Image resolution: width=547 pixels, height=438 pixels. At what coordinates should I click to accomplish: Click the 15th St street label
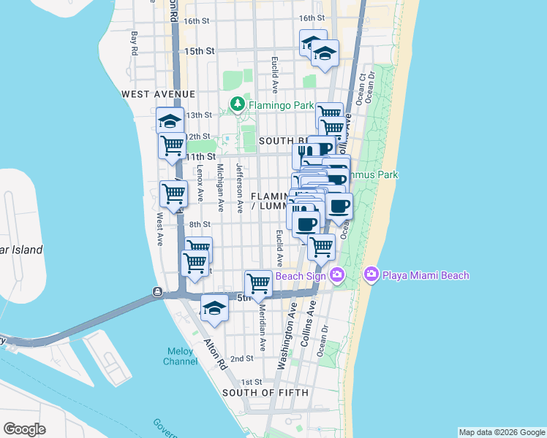coord(199,51)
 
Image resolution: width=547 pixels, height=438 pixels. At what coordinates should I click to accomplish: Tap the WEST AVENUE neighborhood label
coord(159,94)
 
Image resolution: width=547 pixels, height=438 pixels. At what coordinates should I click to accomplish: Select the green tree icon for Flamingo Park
coord(238,105)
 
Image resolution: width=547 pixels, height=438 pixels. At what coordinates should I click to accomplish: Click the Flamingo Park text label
coord(281,105)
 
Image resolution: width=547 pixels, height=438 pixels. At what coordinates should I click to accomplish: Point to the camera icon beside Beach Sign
coord(337,275)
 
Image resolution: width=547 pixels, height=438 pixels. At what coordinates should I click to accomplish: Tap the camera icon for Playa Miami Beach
coord(371,275)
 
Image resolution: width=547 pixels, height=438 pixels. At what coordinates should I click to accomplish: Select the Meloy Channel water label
coord(179,356)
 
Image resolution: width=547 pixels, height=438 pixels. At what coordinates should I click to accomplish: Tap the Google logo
coord(24,429)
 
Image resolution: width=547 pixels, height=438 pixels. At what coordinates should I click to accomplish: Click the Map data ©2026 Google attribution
coord(502,432)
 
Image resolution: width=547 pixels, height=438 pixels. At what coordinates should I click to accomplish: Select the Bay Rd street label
coord(135,42)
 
